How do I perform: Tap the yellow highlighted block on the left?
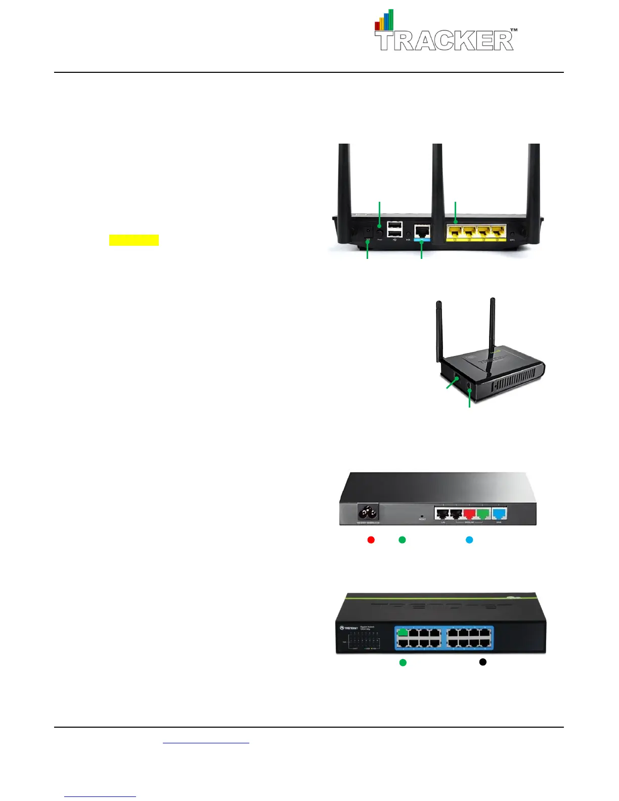[134, 240]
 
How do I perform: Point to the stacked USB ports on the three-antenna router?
[395, 229]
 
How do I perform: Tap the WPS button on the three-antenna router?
[513, 234]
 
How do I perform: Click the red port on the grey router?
[470, 514]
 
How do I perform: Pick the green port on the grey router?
[483, 514]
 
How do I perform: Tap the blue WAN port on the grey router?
[500, 514]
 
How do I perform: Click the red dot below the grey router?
[371, 540]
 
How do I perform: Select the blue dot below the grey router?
[469, 540]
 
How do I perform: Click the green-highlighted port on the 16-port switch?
[403, 632]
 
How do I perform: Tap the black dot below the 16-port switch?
[483, 661]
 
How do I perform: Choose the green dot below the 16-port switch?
[403, 662]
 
